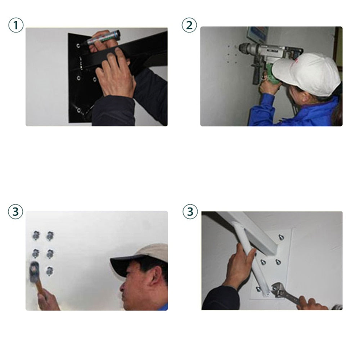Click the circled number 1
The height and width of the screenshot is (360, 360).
coord(16,25)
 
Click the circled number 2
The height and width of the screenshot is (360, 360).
coord(189,25)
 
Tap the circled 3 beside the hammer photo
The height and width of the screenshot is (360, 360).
coord(15,211)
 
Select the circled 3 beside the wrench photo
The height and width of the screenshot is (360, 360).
coord(190,211)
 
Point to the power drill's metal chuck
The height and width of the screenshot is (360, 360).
coord(244,48)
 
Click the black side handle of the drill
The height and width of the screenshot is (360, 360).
coord(256,74)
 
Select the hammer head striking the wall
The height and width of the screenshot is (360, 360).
coord(34,272)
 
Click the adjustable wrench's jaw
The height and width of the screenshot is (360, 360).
coord(276,290)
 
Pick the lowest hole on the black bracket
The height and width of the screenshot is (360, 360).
coord(79,110)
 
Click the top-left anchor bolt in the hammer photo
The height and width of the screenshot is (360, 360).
coord(36,235)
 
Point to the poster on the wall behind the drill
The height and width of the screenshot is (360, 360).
coord(257,34)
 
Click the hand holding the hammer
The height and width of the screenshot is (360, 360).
coord(47,300)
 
